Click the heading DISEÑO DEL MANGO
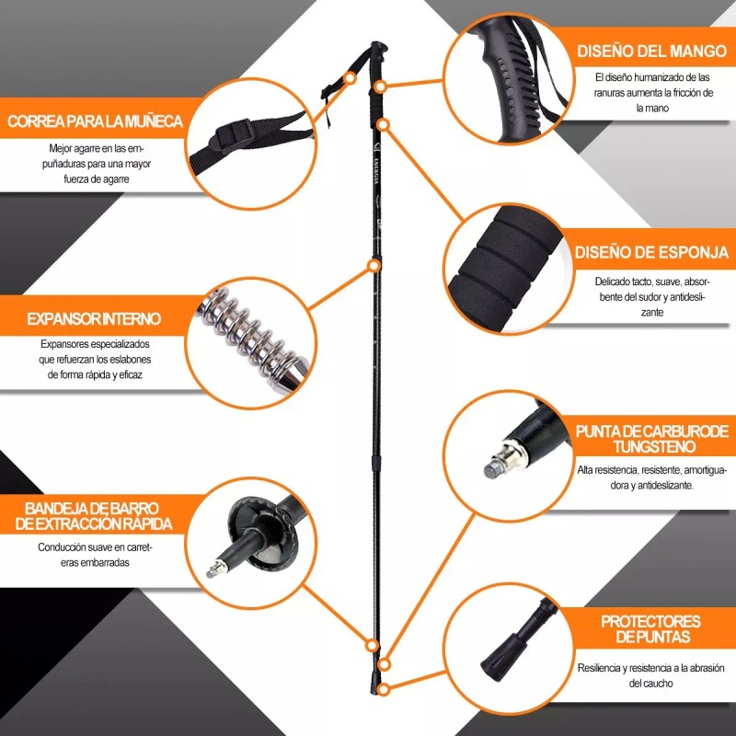(x=651, y=51)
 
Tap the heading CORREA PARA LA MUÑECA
(x=95, y=121)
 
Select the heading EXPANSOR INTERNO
(x=94, y=318)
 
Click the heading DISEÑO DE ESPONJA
(x=651, y=252)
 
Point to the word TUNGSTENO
(x=654, y=446)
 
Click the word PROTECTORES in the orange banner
(x=650, y=622)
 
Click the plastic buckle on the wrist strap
(x=234, y=133)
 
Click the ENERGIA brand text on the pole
(x=376, y=170)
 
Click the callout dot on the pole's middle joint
(x=374, y=266)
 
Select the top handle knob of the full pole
(x=379, y=48)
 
